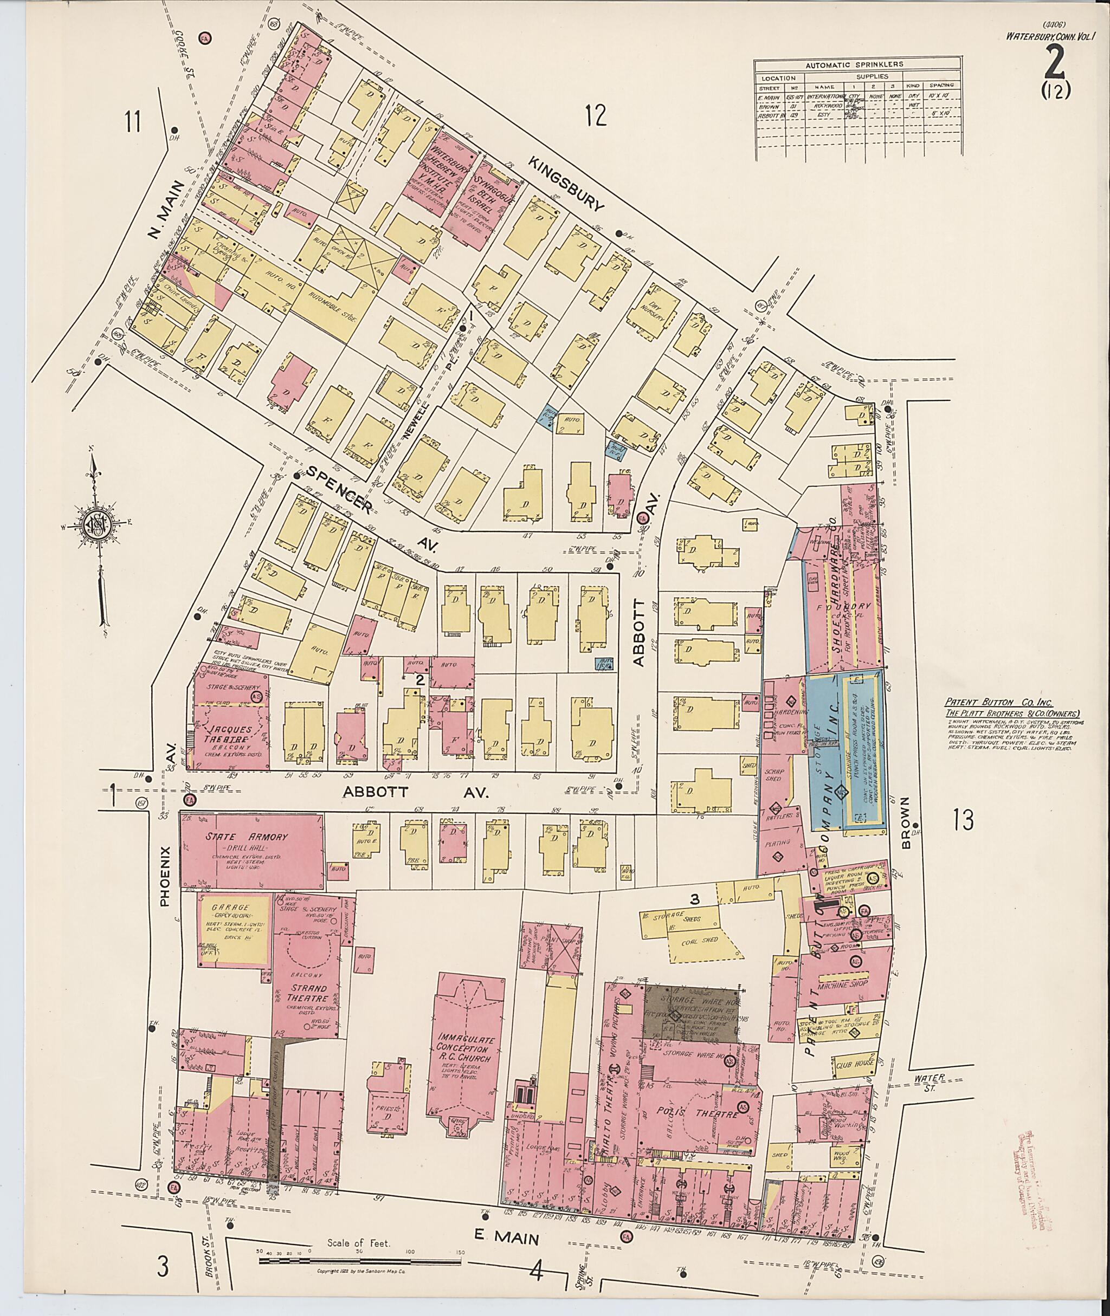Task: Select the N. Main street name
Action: coord(165,210)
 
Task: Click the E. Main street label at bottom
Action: coord(507,1239)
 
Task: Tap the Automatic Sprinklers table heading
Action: coord(859,64)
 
